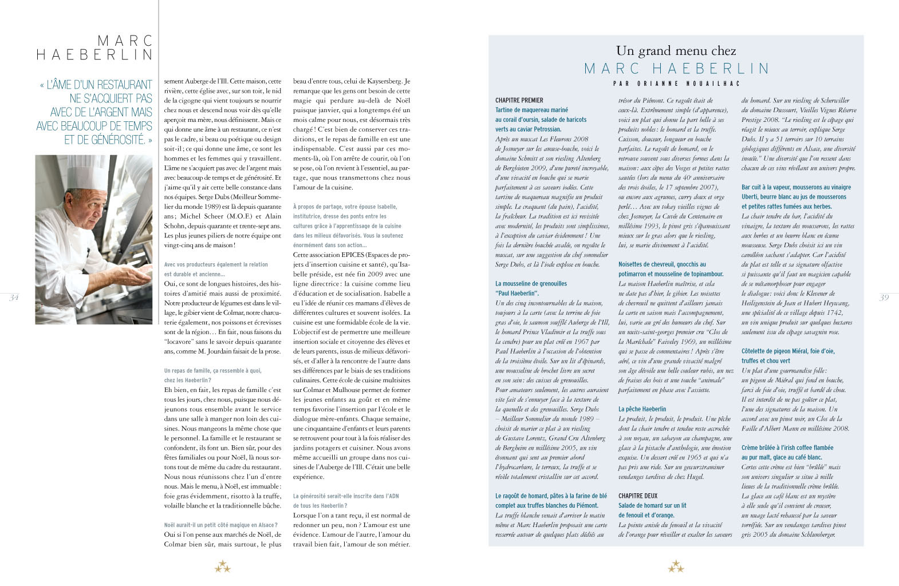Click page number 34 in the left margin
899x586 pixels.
click(14, 298)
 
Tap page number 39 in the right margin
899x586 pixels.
click(884, 298)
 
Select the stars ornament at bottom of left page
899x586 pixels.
click(222, 567)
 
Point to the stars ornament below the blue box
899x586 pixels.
click(676, 567)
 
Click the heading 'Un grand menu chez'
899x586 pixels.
click(676, 51)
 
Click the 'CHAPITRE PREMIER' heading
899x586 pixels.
click(519, 100)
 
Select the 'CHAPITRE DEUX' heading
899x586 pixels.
click(638, 496)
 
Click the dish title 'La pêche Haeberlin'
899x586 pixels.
click(642, 409)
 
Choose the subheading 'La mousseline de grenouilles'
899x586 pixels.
click(531, 284)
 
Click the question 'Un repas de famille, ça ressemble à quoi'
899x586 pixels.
click(212, 371)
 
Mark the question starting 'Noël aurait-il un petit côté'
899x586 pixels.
click(220, 525)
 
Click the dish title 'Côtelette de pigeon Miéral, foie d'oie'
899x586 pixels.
click(788, 351)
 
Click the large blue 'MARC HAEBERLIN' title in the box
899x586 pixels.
click(676, 69)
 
